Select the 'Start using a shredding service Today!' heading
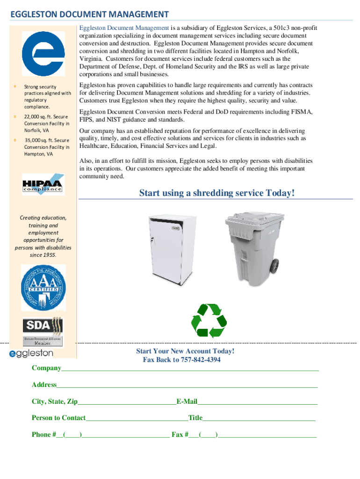pos(217,193)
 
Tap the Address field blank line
pos(187,386)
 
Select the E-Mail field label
pos(187,401)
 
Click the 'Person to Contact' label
pos(58,418)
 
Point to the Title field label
pos(195,418)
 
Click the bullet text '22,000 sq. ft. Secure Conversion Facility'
pos(46,123)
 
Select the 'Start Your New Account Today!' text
pos(185,351)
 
